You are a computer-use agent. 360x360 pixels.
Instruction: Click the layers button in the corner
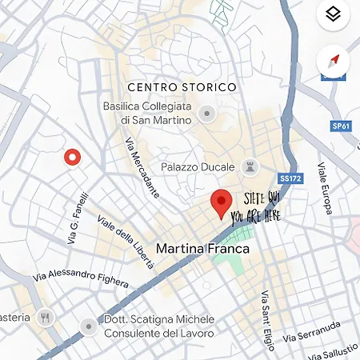(334, 14)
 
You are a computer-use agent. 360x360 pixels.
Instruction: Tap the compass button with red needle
(334, 61)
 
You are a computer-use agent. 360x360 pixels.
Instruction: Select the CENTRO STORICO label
(182, 86)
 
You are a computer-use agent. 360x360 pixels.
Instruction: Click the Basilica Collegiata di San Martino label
(147, 113)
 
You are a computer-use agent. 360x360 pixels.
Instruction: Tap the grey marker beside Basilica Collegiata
(208, 114)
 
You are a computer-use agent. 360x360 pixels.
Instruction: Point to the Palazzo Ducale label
(197, 167)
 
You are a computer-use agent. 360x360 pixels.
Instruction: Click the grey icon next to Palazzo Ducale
(250, 167)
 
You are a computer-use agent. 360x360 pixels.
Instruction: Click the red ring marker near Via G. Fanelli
(73, 158)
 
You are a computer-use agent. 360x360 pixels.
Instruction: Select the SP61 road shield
(341, 126)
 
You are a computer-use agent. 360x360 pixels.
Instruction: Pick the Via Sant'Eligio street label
(266, 319)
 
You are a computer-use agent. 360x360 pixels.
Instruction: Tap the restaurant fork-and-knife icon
(46, 317)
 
